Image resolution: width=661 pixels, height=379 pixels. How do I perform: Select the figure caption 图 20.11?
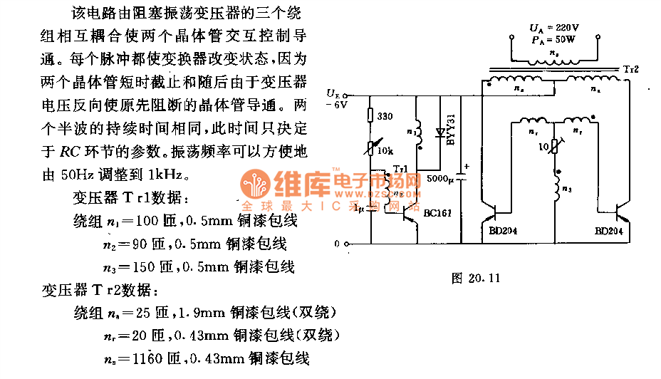[476, 278]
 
